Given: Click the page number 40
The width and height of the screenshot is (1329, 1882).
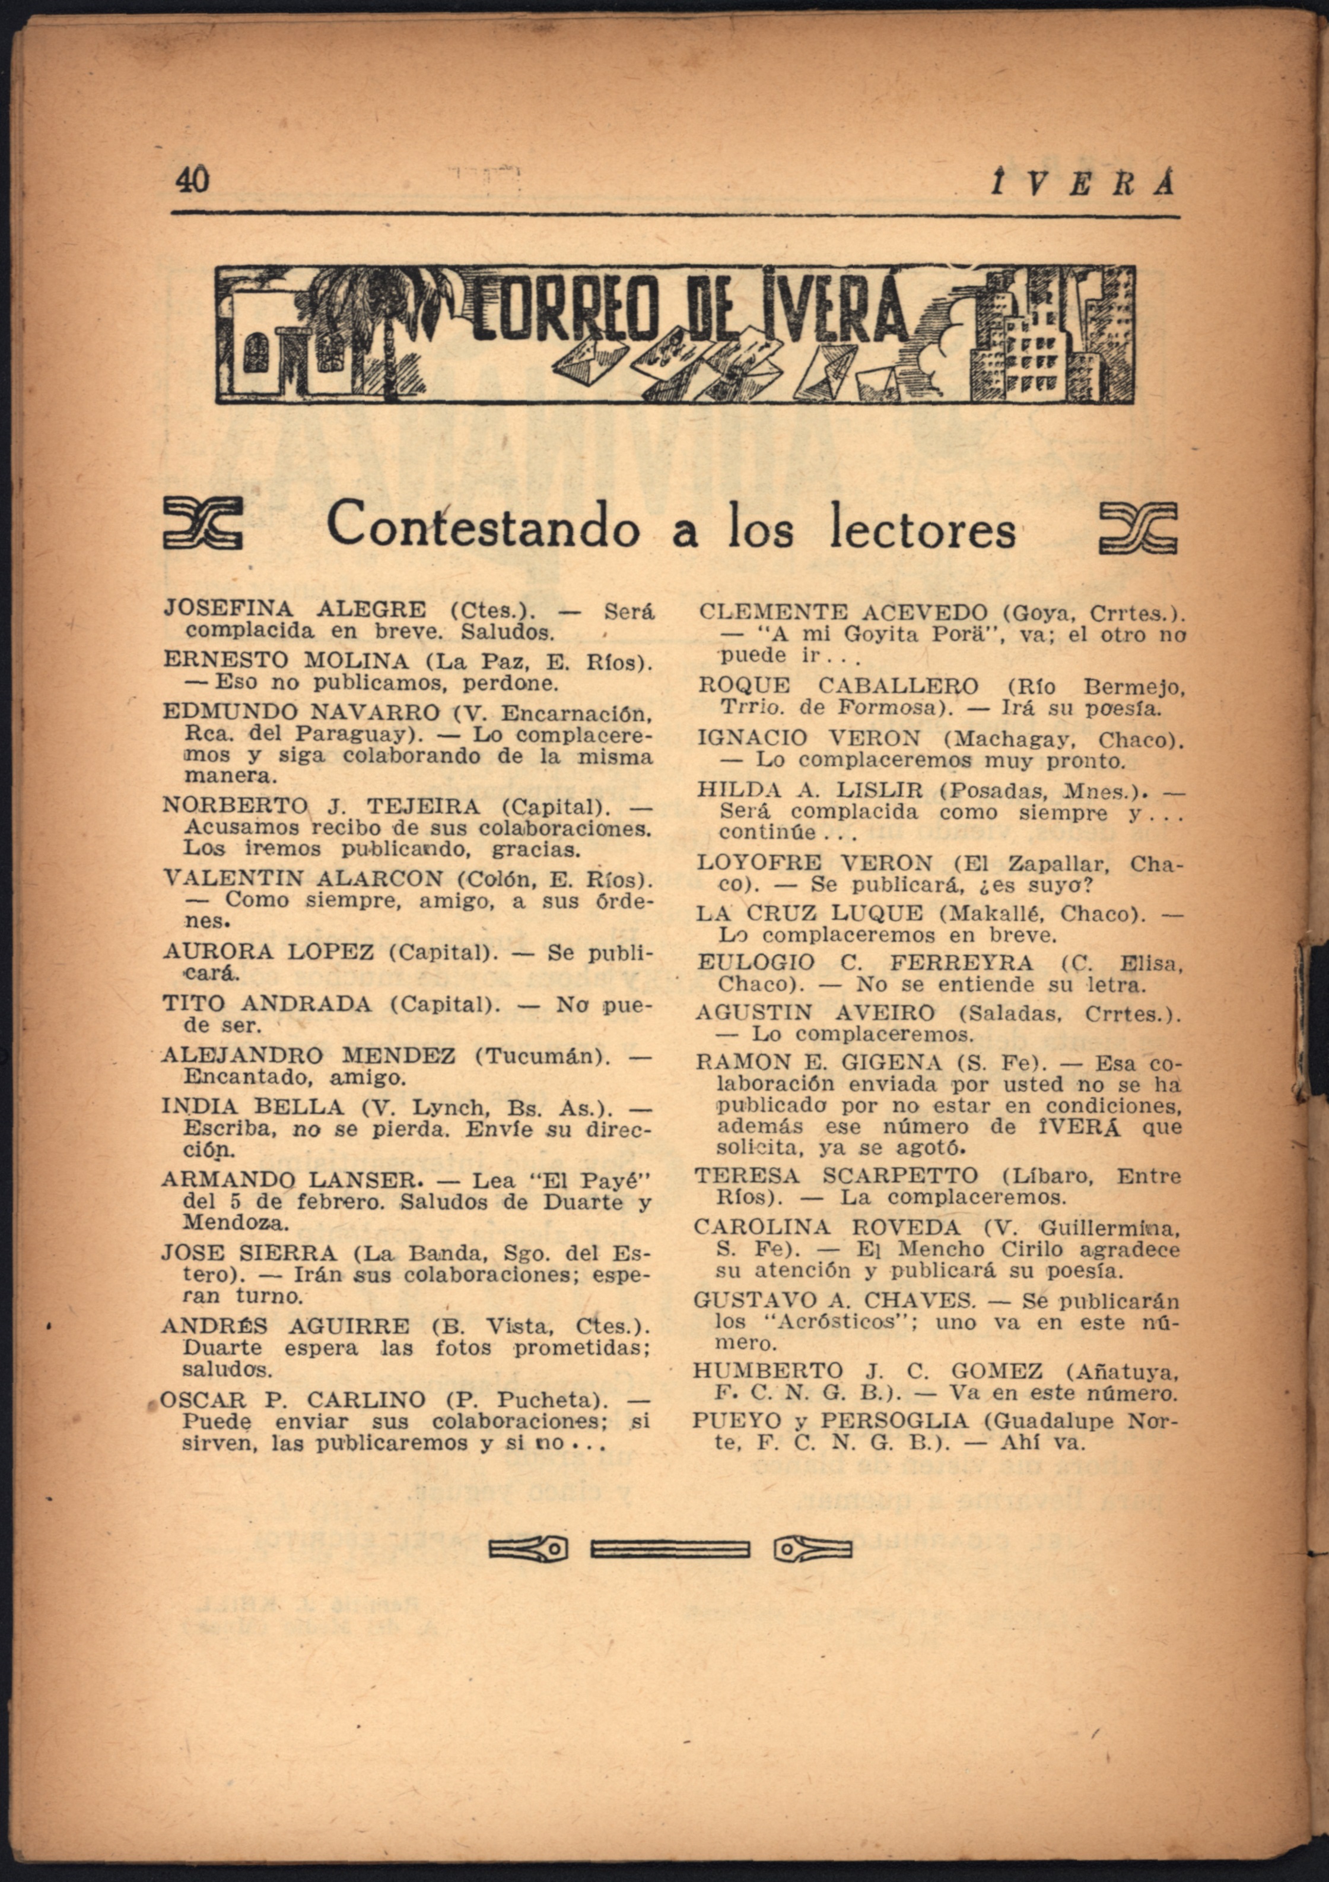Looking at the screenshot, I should coord(193,179).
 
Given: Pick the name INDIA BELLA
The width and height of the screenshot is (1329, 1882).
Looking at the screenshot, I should coord(252,1107).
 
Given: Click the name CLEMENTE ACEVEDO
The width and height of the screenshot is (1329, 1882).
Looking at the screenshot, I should coord(843,612).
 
